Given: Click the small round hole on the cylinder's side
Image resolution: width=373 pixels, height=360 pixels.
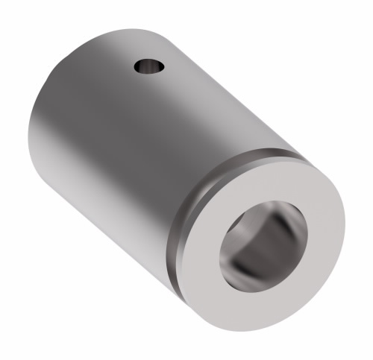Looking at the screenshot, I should click(x=149, y=68).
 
